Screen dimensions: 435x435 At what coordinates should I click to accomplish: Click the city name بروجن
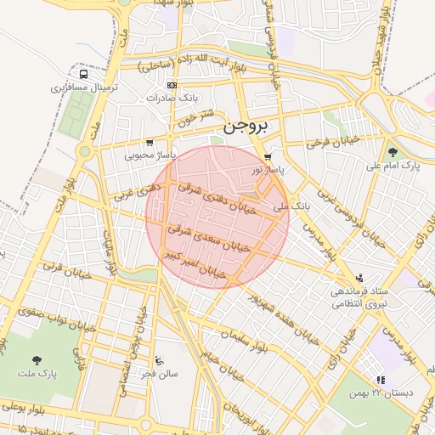pyautogui.click(x=246, y=127)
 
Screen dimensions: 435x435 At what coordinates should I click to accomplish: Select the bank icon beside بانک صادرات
pyautogui.click(x=173, y=86)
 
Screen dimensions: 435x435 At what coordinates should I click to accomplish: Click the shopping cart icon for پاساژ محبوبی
pyautogui.click(x=150, y=143)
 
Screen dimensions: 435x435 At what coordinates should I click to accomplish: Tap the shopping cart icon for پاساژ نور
pyautogui.click(x=268, y=157)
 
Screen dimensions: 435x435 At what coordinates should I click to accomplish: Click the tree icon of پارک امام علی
pyautogui.click(x=392, y=152)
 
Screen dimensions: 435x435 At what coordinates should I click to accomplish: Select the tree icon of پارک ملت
pyautogui.click(x=36, y=359)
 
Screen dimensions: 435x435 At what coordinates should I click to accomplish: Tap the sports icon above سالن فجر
pyautogui.click(x=161, y=360)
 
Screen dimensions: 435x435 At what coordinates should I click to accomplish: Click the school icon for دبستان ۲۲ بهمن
pyautogui.click(x=380, y=379)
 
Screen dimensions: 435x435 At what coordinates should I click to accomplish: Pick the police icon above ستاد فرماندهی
pyautogui.click(x=359, y=278)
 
